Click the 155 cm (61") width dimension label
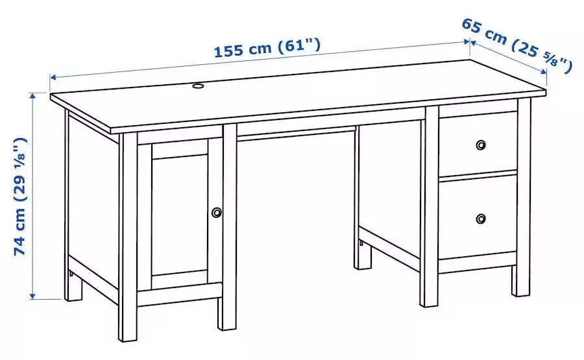tap(267, 49)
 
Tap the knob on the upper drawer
tap(481, 144)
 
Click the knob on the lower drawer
tap(481, 219)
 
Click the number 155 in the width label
tap(230, 53)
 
